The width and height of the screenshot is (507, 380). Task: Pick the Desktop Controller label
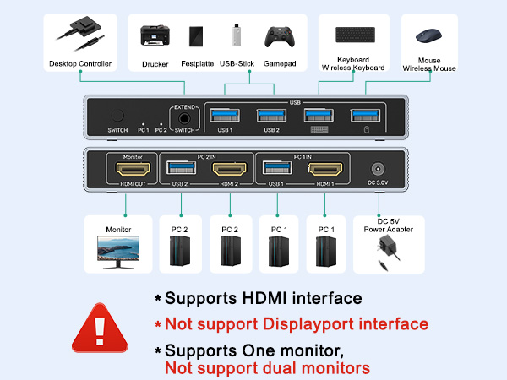79,64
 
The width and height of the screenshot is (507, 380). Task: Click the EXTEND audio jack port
183,119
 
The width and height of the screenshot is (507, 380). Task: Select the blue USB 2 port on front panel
270,116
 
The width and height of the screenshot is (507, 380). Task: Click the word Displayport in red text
295,324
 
